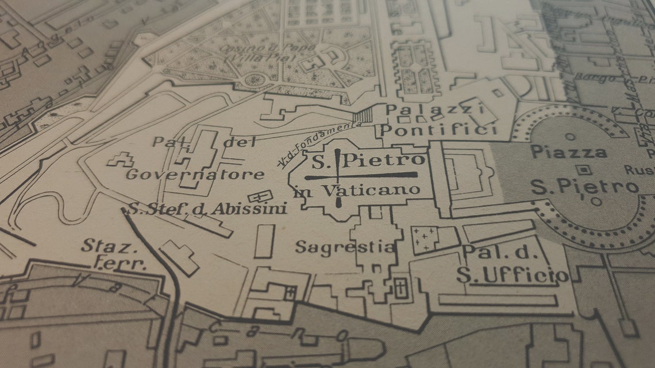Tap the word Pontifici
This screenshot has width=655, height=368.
(438, 130)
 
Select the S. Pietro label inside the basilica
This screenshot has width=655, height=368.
(368, 161)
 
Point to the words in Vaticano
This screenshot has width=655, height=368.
(356, 191)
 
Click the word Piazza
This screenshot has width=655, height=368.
(568, 153)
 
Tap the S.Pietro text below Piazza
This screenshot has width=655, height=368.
(584, 187)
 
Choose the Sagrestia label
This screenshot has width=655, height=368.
(345, 247)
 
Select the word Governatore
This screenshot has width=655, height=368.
(195, 175)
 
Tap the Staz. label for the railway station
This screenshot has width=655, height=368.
(102, 246)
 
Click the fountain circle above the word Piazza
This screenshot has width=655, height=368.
(569, 137)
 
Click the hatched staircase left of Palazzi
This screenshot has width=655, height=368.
(363, 116)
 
